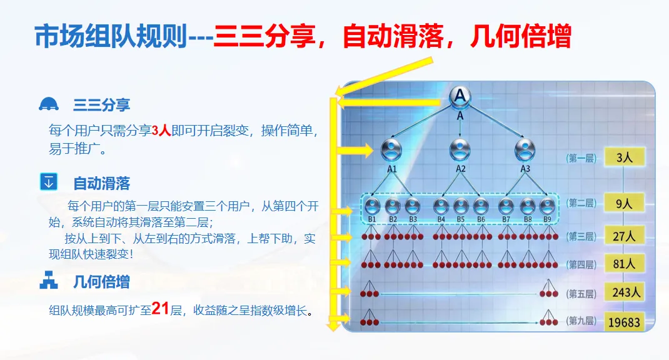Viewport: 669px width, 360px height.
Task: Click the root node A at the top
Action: (x=460, y=96)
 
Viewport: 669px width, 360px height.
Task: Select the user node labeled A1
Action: (x=392, y=150)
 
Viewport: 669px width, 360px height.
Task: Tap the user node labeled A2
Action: (x=460, y=150)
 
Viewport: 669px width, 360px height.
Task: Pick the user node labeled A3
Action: (x=525, y=150)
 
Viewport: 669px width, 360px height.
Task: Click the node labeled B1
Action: (x=373, y=206)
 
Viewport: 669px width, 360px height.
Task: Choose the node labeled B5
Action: (x=461, y=206)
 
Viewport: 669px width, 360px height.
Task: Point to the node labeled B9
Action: (x=548, y=206)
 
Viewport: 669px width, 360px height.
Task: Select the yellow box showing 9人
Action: (x=624, y=203)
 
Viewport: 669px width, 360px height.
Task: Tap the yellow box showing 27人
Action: (x=624, y=236)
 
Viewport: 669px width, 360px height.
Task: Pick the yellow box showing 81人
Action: (x=624, y=264)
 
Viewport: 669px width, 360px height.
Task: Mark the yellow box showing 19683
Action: (x=624, y=322)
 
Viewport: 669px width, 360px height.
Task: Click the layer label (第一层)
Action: (x=581, y=158)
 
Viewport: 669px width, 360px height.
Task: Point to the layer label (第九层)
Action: (x=581, y=321)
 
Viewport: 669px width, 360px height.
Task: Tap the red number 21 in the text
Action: (x=161, y=309)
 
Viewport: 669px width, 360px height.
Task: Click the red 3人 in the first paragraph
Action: (x=161, y=131)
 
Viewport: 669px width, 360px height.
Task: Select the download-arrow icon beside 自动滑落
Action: (x=48, y=182)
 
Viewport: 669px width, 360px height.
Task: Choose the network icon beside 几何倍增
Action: (x=48, y=281)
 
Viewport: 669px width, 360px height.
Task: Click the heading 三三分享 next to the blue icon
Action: (x=102, y=104)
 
